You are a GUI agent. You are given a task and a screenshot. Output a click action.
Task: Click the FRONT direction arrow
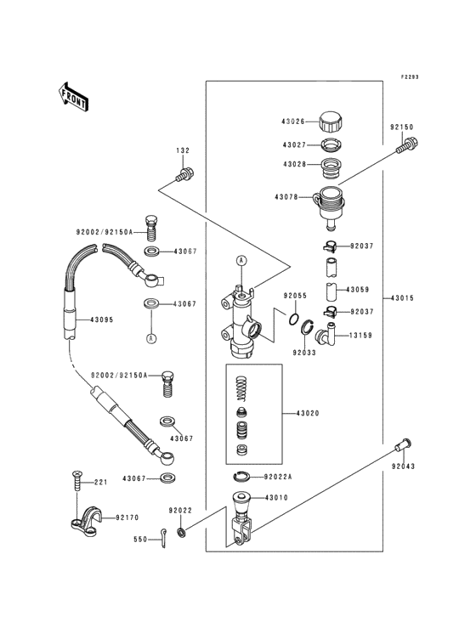point(73,97)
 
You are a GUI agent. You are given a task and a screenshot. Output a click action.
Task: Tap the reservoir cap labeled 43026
point(331,122)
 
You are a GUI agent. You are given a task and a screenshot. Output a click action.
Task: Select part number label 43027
point(294,145)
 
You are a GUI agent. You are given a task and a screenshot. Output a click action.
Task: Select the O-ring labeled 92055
point(294,319)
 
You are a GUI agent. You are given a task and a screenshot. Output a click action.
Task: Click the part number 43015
point(403,298)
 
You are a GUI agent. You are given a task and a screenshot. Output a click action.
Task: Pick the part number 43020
point(308,413)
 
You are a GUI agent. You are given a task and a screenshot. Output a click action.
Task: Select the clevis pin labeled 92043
point(403,444)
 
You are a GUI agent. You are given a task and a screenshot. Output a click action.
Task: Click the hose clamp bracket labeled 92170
point(86,522)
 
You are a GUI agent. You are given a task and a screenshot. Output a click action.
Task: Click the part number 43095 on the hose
point(102,319)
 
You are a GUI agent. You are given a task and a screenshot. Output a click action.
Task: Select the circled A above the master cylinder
point(241,261)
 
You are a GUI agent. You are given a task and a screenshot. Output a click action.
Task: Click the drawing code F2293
point(410,77)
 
